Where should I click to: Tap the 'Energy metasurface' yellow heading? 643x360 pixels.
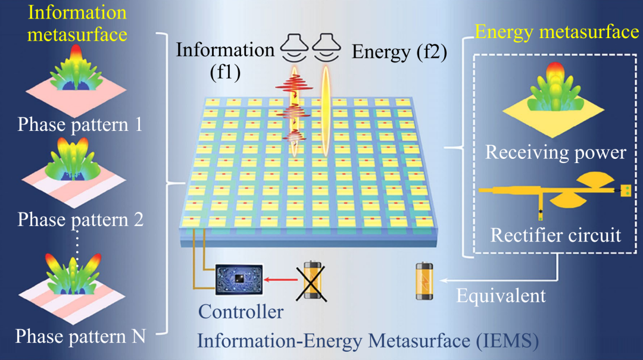coord(557,32)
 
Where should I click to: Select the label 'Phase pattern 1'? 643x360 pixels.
coord(80,125)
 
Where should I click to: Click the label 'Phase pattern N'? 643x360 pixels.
coord(80,336)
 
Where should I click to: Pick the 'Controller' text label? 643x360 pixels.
coord(241,311)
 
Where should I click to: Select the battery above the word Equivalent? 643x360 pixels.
coord(424,281)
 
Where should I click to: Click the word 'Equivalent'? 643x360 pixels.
coord(501,295)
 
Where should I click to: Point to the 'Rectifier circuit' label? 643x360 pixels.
coord(555,235)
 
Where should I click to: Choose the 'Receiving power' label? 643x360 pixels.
coord(555,152)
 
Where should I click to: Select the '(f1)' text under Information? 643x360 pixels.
coord(227,73)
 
